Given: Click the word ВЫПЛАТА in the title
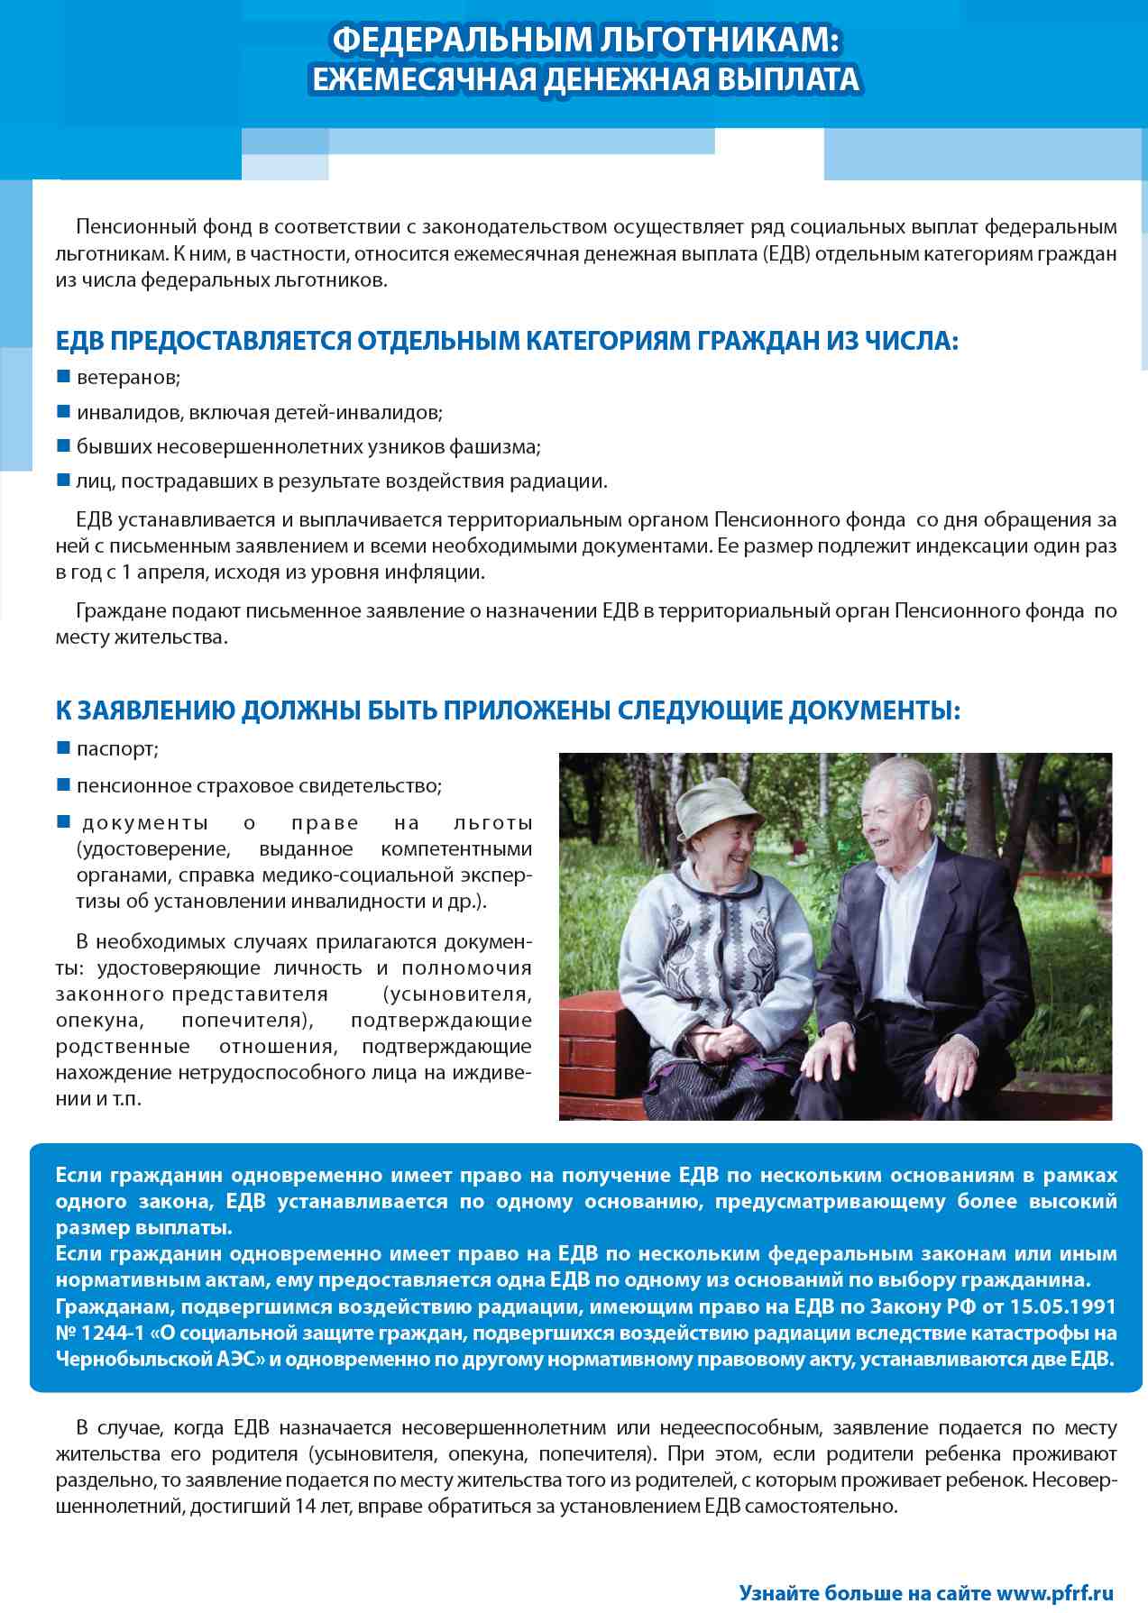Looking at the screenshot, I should tap(788, 80).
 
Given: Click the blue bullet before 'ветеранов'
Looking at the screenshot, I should tap(64, 376).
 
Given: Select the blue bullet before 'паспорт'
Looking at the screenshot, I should tap(64, 747).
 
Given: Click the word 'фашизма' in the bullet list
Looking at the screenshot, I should tap(505, 446).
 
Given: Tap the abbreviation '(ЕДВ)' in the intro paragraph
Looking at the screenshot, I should tap(787, 253).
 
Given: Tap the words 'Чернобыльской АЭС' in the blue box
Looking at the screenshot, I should tap(160, 1359).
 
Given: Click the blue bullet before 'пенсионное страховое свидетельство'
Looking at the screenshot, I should tap(64, 784).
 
